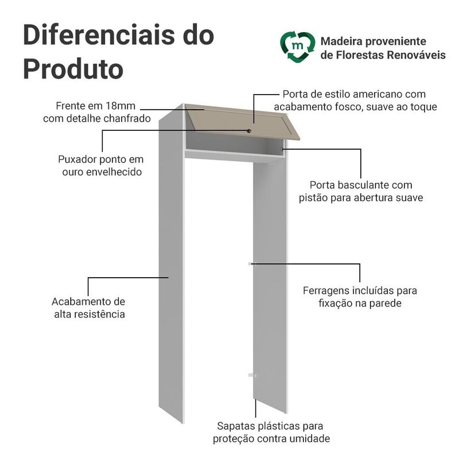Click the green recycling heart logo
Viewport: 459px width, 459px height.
coord(297,47)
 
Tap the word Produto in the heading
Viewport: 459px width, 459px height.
coord(73,69)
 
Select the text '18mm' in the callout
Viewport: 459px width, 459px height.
coord(120,106)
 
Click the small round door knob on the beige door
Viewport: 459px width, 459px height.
coord(249,131)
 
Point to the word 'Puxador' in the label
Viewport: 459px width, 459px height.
coord(77,160)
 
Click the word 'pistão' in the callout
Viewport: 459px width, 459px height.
coord(313,198)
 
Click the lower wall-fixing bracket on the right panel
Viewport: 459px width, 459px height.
coord(252,375)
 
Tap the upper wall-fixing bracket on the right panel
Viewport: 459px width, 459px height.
coord(252,264)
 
